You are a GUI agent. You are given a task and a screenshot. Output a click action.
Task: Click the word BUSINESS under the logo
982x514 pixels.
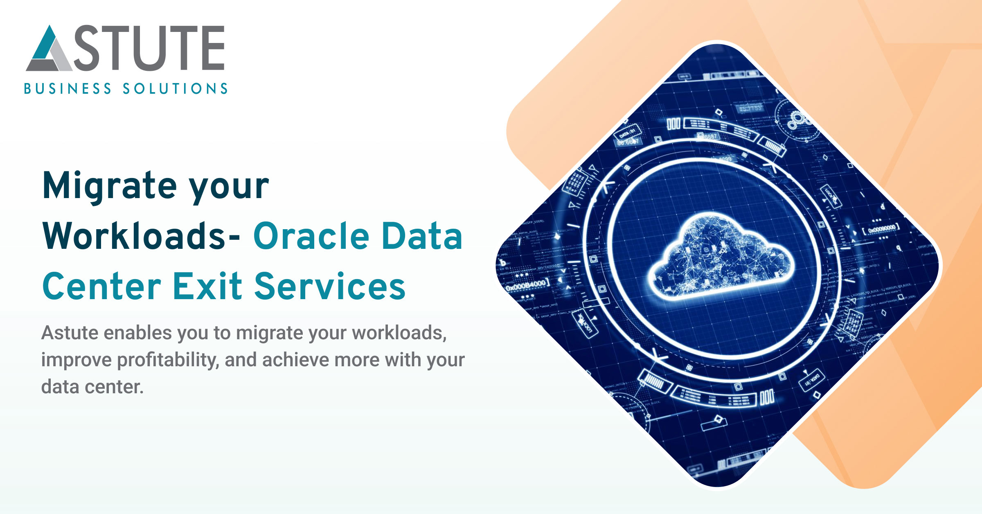coord(68,89)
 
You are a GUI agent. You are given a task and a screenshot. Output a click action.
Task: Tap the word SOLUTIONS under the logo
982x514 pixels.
coord(175,89)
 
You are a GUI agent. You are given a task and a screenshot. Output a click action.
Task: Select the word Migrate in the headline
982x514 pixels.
coord(110,186)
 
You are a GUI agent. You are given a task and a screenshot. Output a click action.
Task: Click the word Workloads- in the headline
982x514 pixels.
coord(141,236)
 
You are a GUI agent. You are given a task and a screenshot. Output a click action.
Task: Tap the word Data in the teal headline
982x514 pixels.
coord(422,236)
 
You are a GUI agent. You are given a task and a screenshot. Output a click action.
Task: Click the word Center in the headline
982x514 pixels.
coord(102,286)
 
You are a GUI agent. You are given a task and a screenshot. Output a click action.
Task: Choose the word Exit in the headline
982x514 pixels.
coord(208,286)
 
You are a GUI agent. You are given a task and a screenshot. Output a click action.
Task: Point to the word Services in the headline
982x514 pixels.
coord(330,286)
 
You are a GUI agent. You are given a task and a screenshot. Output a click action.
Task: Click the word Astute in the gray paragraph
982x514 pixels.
coord(69,333)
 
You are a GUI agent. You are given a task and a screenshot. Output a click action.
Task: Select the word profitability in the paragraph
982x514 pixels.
coord(168,360)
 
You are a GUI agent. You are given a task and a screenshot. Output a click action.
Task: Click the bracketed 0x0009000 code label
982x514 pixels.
coord(881,229)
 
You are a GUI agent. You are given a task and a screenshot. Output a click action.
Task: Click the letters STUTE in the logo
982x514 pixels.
coord(149,47)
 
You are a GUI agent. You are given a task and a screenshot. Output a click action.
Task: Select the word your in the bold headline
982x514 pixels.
coord(229,186)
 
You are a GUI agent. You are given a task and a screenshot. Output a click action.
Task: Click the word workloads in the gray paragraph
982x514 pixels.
coord(399,333)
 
